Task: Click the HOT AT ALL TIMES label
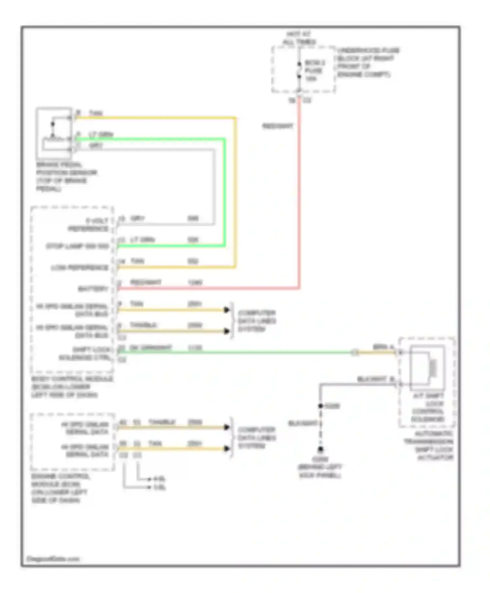(x=299, y=38)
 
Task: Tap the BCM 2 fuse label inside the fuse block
(x=314, y=70)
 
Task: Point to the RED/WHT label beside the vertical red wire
(x=278, y=126)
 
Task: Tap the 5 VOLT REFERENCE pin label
(x=88, y=225)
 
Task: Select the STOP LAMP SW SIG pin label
(x=77, y=246)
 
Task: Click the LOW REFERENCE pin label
(x=80, y=268)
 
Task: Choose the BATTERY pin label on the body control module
(x=93, y=289)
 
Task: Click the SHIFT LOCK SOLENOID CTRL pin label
(x=85, y=353)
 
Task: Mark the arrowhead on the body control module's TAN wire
(x=226, y=310)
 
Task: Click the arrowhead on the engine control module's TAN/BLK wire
(x=226, y=427)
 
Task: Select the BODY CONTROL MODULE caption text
(x=72, y=387)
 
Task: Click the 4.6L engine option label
(x=160, y=479)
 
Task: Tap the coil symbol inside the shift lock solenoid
(x=433, y=368)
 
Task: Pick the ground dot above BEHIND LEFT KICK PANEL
(x=321, y=449)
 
